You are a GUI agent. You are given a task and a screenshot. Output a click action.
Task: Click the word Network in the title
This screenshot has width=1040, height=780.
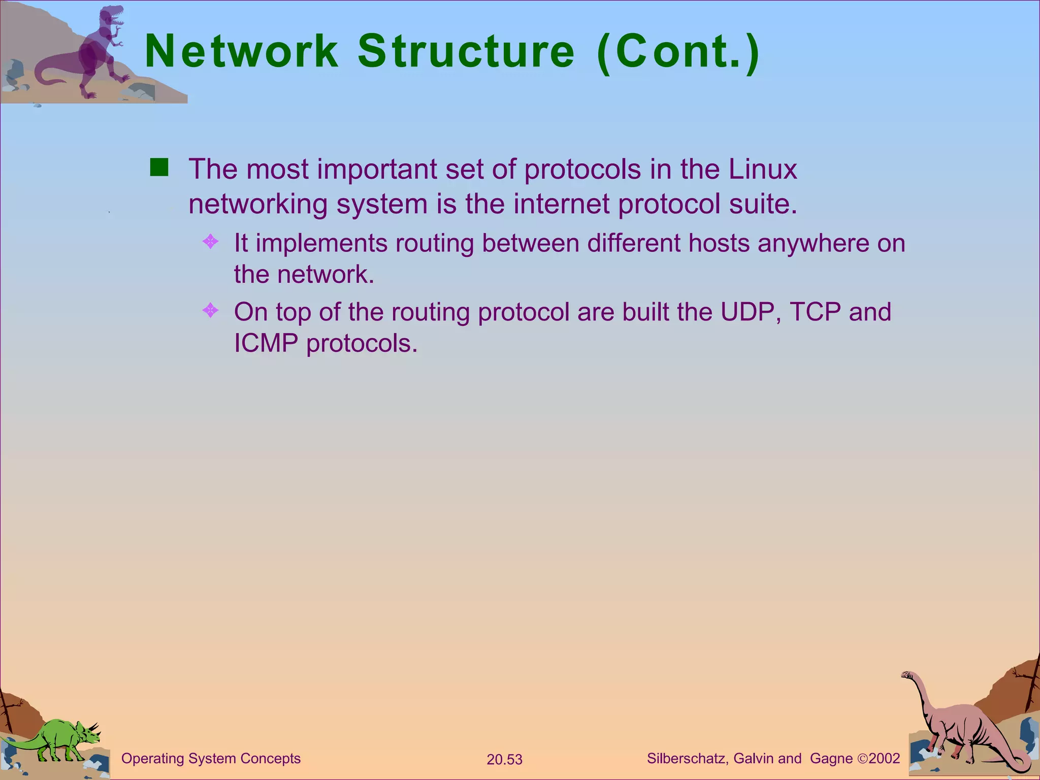click(x=242, y=52)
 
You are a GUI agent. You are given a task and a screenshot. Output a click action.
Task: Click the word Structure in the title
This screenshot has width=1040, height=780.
click(x=466, y=52)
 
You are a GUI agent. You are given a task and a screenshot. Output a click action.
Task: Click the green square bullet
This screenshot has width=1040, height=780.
click(x=159, y=168)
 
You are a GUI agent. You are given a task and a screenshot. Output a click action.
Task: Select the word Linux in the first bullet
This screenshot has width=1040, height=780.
click(x=763, y=170)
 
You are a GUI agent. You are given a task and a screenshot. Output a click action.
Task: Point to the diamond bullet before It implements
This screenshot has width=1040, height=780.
click(x=210, y=241)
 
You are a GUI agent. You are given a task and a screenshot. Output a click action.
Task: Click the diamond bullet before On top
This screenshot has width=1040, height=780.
click(x=210, y=310)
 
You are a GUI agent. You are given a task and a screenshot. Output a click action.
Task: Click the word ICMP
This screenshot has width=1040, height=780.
click(x=266, y=343)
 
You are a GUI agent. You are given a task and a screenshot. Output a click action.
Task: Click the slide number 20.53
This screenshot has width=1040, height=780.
click(x=504, y=760)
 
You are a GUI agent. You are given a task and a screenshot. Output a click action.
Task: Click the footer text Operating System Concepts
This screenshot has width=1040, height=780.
click(x=211, y=759)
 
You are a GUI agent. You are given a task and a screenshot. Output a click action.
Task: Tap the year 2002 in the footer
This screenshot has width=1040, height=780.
click(x=884, y=759)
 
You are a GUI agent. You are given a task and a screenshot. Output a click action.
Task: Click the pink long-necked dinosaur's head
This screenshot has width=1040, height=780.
click(x=906, y=675)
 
